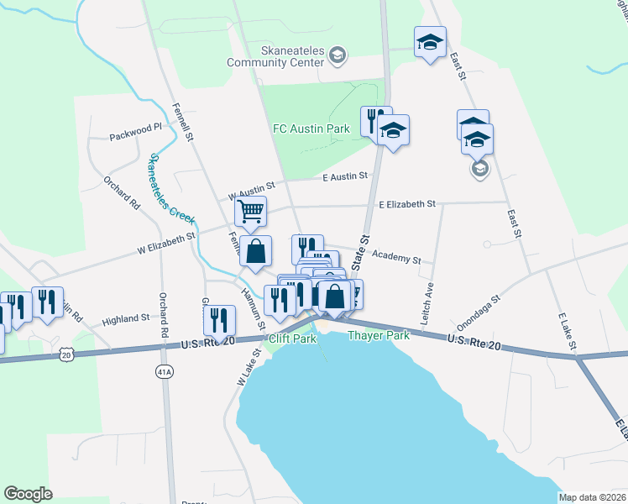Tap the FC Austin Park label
[311, 129]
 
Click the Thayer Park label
[378, 335]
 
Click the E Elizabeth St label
[407, 203]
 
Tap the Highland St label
[125, 319]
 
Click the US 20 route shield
[67, 355]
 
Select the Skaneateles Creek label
[170, 189]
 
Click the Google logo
[29, 494]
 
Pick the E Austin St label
[345, 176]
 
